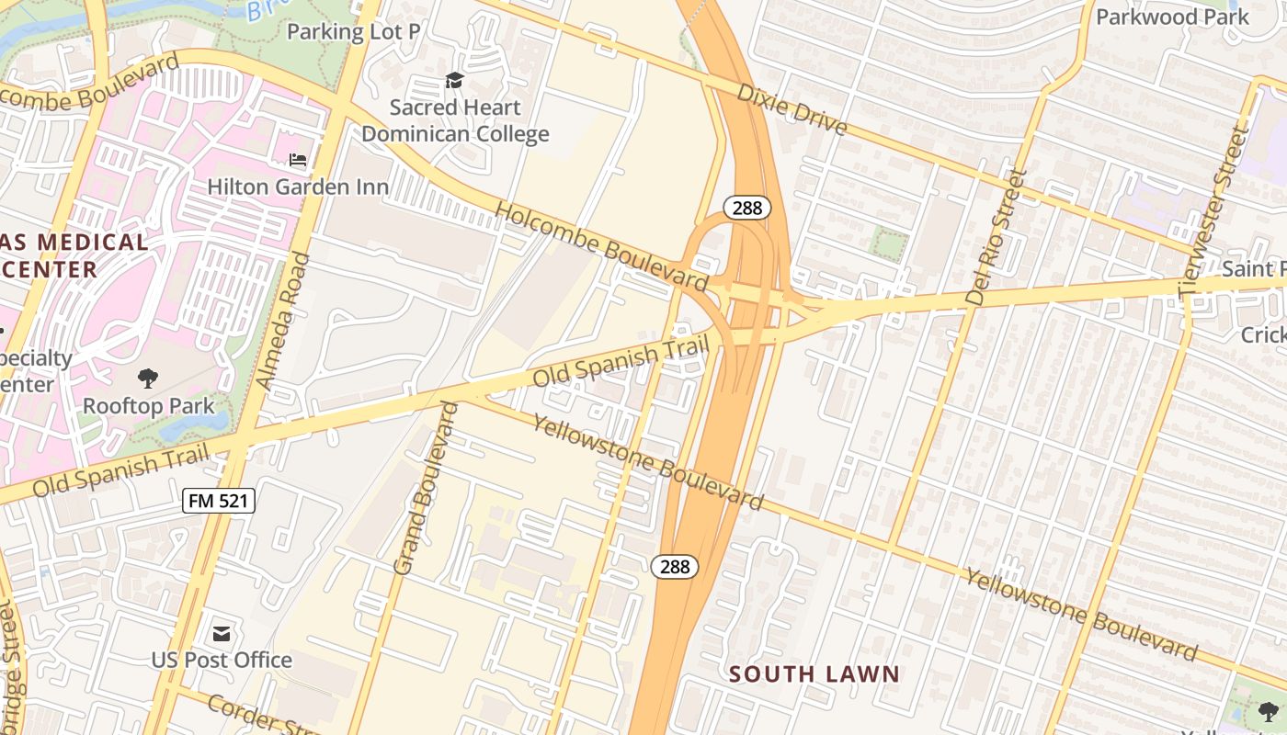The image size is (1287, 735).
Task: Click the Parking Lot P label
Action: pos(353,32)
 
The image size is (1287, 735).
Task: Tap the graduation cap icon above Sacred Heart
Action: pos(454,81)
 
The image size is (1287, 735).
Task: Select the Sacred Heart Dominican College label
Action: pos(455,120)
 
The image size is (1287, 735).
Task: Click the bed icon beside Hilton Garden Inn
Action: pos(298,160)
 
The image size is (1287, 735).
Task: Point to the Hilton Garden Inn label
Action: pos(298,187)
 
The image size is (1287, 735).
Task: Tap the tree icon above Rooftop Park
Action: pos(147,378)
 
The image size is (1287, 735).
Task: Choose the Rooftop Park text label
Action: pos(148,405)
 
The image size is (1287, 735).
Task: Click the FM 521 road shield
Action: pos(219,501)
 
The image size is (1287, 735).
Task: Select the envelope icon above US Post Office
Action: pos(222,633)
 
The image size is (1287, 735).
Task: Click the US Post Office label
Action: pos(222,660)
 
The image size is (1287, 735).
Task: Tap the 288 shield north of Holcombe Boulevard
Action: pos(746,208)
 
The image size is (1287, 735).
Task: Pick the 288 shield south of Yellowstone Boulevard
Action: pos(675,567)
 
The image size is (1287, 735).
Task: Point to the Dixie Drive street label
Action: pos(792,109)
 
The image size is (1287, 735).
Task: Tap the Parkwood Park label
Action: pos(1172,17)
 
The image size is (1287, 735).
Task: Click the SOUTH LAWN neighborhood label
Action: pos(814,674)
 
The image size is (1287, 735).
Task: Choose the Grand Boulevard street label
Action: pos(425,489)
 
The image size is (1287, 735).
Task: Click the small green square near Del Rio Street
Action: pos(889,244)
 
